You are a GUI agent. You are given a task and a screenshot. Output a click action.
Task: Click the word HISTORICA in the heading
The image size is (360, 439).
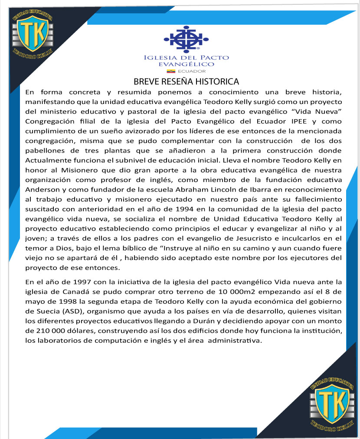coord(217,81)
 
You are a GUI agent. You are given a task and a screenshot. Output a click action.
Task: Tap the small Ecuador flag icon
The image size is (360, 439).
coord(171,71)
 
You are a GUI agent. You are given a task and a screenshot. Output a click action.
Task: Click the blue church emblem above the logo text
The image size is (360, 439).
coord(186,38)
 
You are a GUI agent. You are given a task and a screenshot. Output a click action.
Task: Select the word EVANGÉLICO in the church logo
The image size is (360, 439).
coord(187,64)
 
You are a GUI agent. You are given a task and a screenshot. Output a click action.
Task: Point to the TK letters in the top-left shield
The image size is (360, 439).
coord(32,33)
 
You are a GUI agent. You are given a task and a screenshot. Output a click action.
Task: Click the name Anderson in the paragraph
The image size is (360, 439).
coord(43,189)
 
